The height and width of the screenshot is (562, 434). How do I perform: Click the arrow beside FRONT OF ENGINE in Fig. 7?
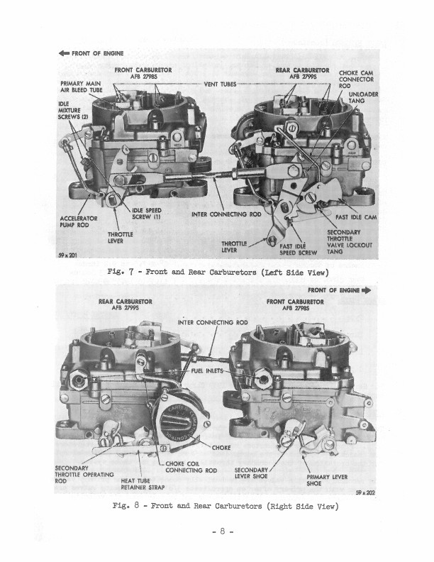tap(64, 53)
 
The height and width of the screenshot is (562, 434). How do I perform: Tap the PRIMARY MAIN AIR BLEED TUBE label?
tap(82, 87)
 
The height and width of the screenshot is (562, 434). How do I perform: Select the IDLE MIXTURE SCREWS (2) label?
tap(73, 110)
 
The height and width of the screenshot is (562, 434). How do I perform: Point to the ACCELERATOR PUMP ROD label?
tap(79, 221)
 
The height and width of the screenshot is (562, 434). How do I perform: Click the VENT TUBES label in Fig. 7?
tap(220, 84)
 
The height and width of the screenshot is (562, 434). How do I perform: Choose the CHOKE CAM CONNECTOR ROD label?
tap(356, 79)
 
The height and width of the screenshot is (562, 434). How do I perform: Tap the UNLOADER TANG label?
tap(363, 97)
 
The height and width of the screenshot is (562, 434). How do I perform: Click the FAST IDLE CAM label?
tap(356, 217)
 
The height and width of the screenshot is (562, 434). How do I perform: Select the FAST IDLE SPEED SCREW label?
tap(298, 249)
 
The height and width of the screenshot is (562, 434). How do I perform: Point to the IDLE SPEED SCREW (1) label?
tap(147, 214)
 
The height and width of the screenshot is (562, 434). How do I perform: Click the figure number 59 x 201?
tap(67, 255)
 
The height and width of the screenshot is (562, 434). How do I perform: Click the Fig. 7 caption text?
tap(218, 272)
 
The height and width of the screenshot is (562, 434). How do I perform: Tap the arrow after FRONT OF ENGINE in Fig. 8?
tap(367, 290)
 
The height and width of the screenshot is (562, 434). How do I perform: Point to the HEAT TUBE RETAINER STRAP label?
tap(143, 484)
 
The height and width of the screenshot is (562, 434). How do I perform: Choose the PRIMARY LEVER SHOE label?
tap(327, 480)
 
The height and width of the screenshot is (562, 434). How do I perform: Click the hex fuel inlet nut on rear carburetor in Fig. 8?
tap(79, 380)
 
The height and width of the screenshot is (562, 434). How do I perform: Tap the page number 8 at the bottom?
tap(223, 531)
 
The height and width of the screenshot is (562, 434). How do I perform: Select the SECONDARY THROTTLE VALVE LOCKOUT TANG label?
tap(350, 242)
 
